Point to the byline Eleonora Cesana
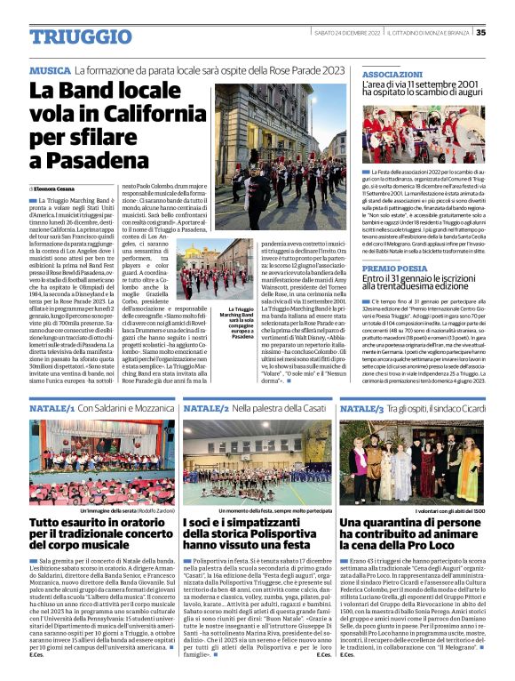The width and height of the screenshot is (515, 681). (x=55, y=188)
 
